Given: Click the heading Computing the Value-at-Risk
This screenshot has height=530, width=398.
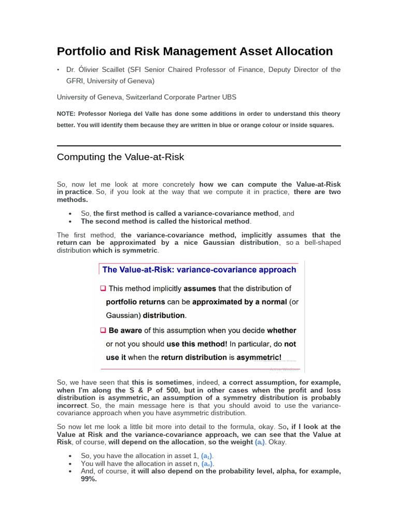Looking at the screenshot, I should click(120, 157).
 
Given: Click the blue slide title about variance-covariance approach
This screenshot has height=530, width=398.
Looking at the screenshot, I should click(199, 269).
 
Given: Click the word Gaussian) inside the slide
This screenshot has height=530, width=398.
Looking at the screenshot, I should click(123, 315).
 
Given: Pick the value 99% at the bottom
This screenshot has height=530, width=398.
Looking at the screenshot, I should click(89, 479).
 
